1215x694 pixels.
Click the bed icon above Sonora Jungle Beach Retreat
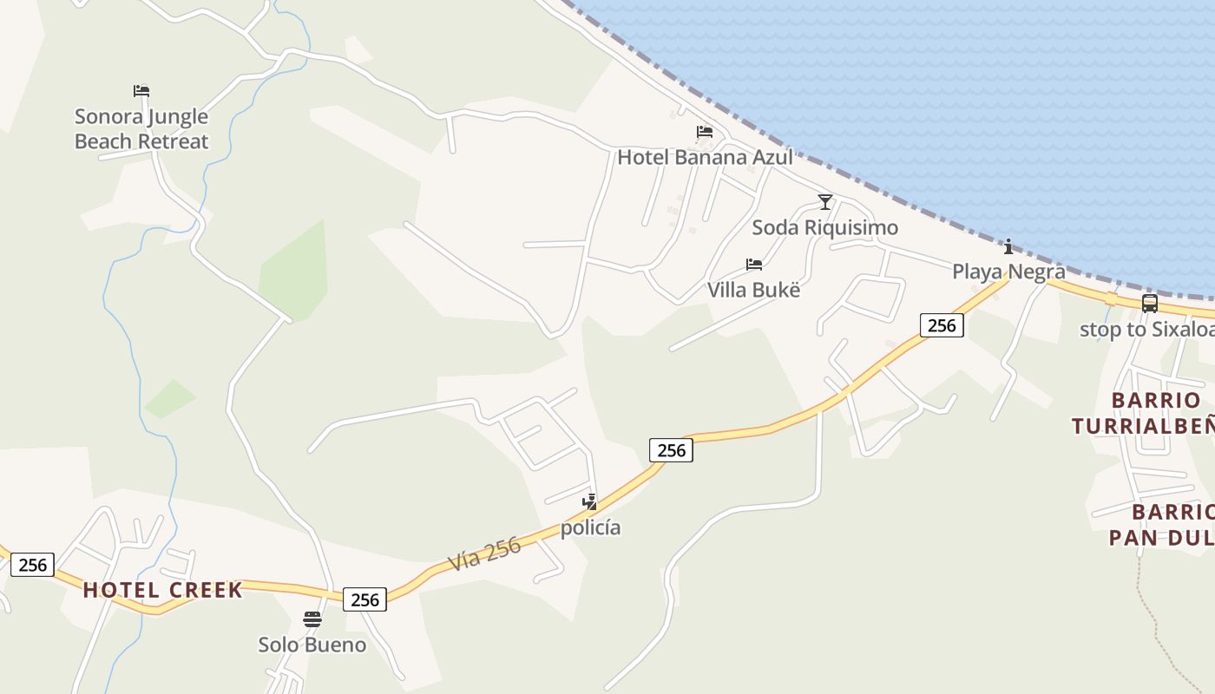point(141,90)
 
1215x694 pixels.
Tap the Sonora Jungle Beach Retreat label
point(141,128)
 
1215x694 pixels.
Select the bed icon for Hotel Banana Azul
point(704,132)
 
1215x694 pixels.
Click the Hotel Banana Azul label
point(705,157)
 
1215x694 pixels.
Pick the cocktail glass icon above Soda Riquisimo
point(824,202)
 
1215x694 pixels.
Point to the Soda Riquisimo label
point(824,227)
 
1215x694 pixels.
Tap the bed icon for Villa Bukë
point(753,265)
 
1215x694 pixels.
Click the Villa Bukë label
point(753,290)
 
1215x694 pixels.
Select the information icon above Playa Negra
point(1008,246)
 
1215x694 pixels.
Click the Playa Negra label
point(1008,271)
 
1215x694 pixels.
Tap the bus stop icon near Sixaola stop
point(1149,304)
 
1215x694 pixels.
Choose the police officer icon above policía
point(590,501)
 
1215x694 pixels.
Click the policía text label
point(590,527)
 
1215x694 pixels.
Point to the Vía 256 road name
point(485,553)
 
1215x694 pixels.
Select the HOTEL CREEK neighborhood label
point(162,590)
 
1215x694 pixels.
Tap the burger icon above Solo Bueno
point(312,619)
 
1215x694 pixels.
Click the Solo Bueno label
point(312,645)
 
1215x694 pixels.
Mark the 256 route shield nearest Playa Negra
point(942,325)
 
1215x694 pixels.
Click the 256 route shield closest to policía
point(671,449)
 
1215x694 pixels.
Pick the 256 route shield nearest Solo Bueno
point(364,599)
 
